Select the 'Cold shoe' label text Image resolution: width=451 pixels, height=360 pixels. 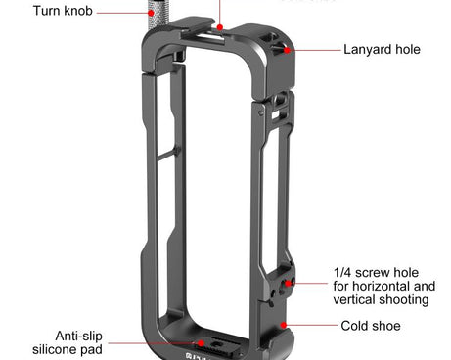click(372, 326)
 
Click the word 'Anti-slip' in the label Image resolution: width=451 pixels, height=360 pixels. click(83, 334)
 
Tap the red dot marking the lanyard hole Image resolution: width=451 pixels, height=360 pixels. click(287, 48)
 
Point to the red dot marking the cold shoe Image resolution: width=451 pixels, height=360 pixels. click(283, 325)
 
